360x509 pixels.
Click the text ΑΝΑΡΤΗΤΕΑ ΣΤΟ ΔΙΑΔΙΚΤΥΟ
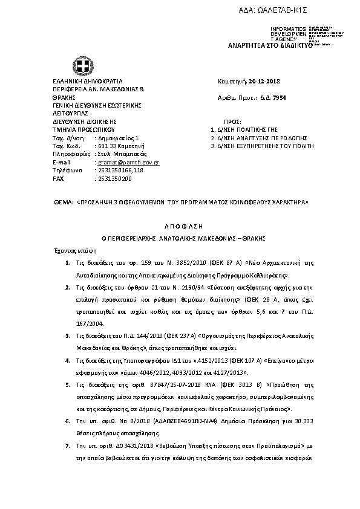pos(269,45)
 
